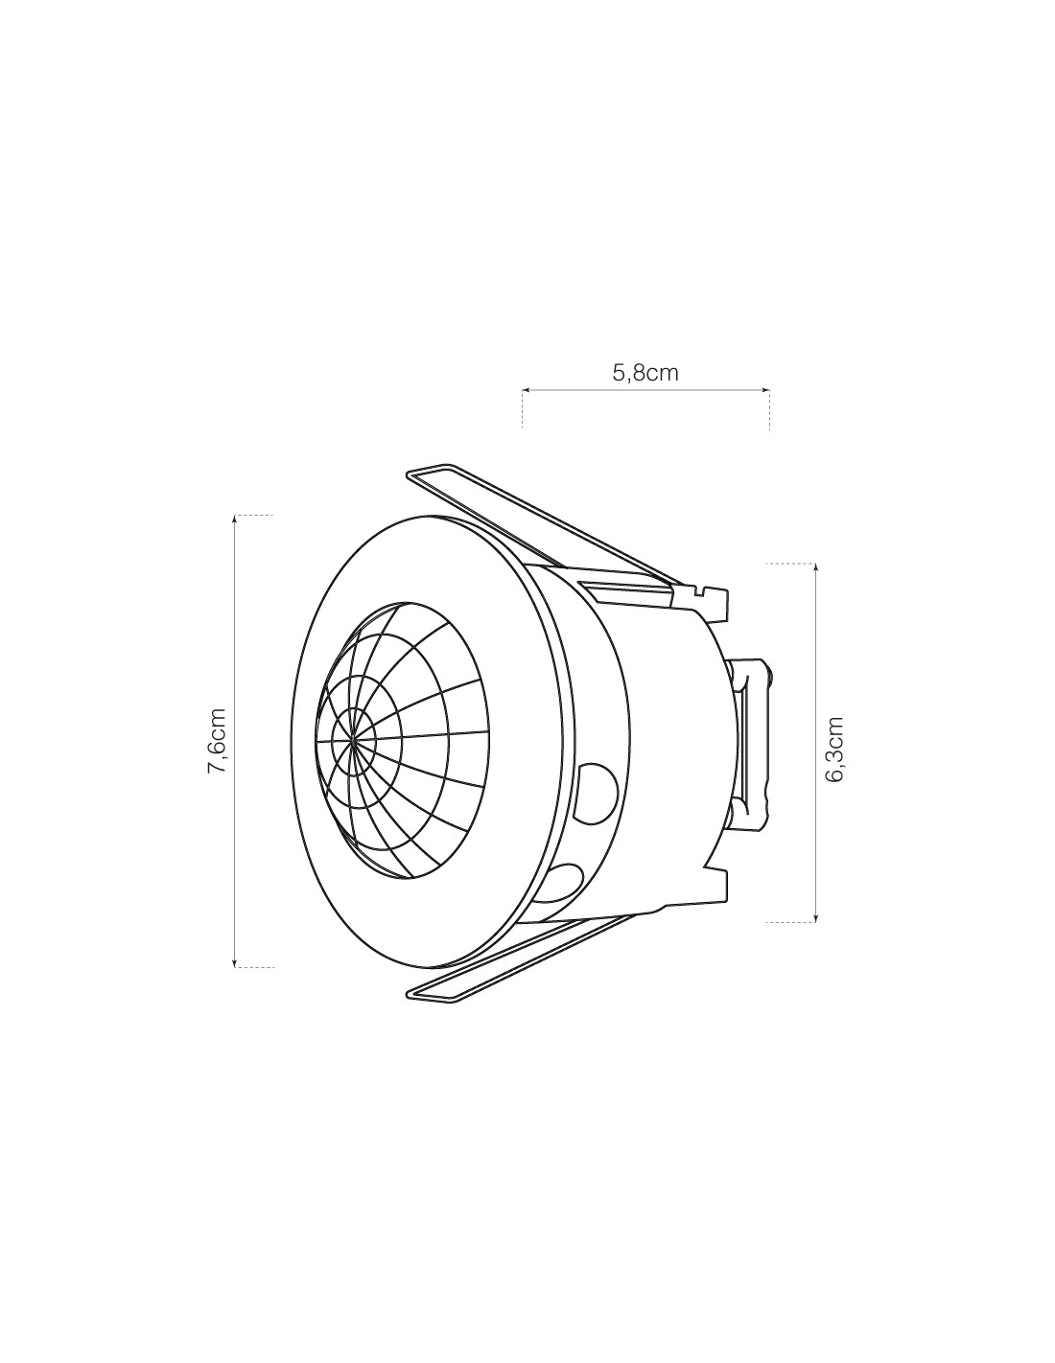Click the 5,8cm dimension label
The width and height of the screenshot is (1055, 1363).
coord(645,373)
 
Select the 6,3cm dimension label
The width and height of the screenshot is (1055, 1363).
coord(834,749)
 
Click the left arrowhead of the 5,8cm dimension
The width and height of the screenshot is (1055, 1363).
coord(526,390)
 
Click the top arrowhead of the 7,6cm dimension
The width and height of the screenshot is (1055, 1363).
coord(235,519)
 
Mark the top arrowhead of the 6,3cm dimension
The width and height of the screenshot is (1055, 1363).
coord(816,567)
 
